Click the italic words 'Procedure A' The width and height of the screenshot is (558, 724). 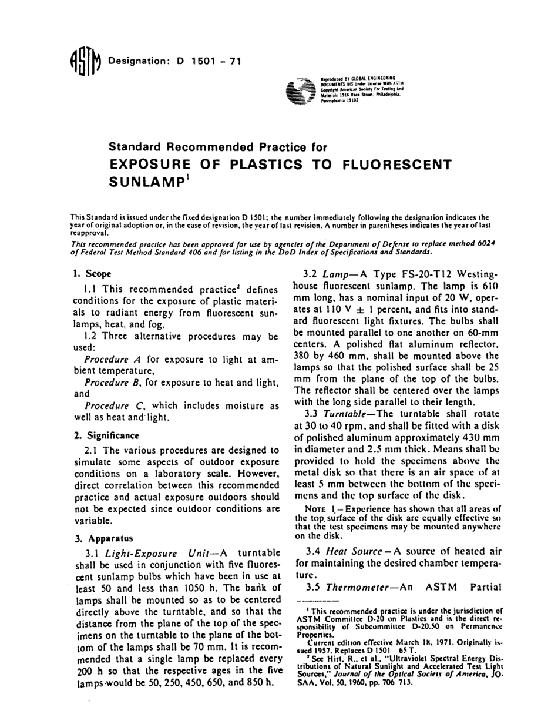point(113,359)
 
